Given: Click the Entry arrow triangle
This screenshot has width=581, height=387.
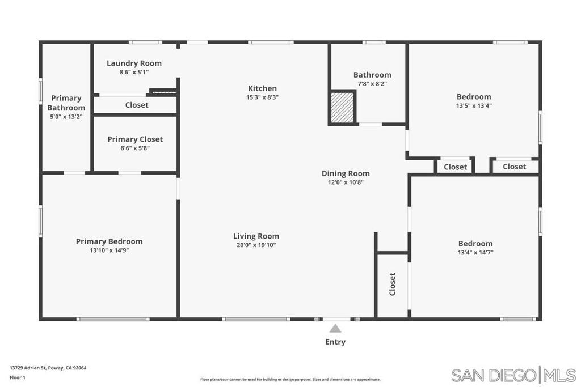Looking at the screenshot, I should tap(335, 328).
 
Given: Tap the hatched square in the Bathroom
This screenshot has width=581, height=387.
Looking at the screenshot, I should tap(342, 107).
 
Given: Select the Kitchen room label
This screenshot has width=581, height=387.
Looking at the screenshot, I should tap(262, 88).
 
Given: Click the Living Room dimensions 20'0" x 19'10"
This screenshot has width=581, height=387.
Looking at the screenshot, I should tap(256, 245).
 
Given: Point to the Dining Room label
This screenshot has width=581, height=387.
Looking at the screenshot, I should tap(346, 173).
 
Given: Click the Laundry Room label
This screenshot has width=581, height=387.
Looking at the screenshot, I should tap(134, 63).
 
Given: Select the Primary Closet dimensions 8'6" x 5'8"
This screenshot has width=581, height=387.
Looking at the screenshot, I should tap(135, 148).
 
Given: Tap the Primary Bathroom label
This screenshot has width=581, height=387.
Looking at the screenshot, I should tap(66, 103).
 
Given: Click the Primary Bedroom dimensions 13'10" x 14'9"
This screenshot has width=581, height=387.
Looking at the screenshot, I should tap(110, 250).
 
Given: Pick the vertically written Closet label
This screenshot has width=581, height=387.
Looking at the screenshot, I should tap(392, 284).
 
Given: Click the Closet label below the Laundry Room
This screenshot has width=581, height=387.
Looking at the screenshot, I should tap(137, 105).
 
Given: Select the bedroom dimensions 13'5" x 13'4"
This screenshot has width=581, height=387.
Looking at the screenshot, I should tap(474, 105).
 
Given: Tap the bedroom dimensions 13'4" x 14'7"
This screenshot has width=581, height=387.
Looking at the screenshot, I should tap(475, 253).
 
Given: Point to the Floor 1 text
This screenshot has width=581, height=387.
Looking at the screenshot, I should tap(18, 377).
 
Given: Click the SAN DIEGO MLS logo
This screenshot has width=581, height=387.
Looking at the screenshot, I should tap(513, 375).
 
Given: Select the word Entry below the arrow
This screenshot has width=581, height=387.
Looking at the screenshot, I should tap(335, 342).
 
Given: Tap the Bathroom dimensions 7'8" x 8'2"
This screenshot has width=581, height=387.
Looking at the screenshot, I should tap(372, 84).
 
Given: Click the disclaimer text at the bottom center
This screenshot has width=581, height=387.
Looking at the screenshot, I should tap(290, 380).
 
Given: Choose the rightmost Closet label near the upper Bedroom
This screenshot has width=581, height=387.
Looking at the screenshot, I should tap(514, 167).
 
